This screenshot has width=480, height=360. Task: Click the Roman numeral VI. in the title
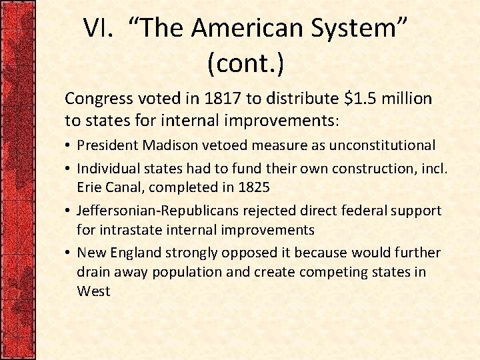[x=99, y=29]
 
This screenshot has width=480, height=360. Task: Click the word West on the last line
[x=93, y=291]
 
